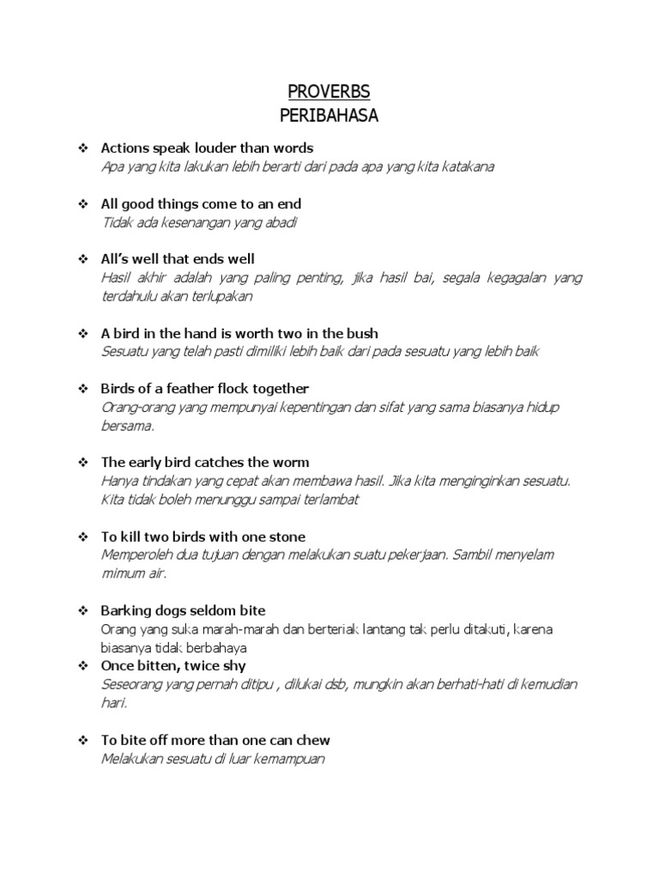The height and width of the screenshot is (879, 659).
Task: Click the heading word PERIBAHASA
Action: coord(329,115)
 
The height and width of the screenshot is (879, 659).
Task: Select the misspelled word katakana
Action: coord(466,167)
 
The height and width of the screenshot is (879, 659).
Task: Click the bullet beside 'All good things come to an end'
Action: coord(83,204)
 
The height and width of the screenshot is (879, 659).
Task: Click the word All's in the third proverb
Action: coord(117,259)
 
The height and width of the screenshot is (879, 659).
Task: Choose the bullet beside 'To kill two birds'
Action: coord(83,536)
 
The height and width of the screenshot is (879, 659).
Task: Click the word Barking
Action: coord(125,611)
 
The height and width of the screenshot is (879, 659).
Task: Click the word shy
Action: coord(233,665)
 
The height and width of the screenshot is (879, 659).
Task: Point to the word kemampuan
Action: coord(283,758)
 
